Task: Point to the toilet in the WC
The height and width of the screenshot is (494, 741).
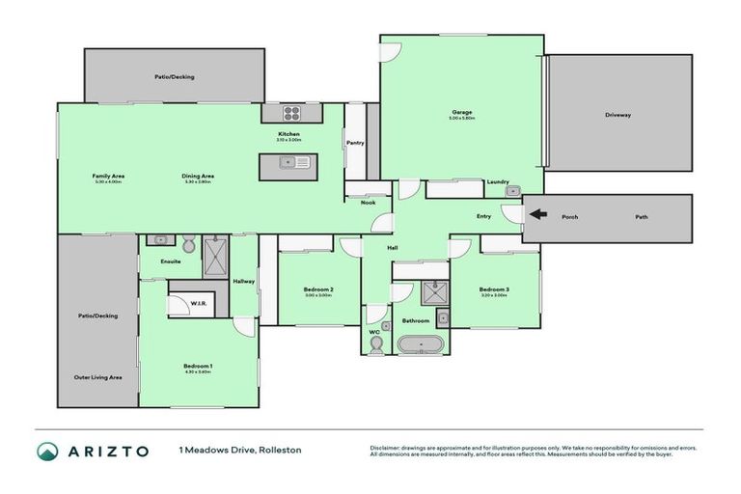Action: click(x=375, y=343)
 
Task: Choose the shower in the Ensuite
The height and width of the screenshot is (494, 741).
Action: click(x=214, y=256)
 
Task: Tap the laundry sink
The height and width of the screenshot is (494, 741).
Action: click(x=513, y=190)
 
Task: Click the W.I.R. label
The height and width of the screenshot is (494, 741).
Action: click(x=199, y=304)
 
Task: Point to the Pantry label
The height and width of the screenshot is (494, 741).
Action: click(x=354, y=144)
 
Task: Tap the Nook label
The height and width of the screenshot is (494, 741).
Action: click(x=368, y=203)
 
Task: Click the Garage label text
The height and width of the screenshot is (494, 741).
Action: click(x=461, y=112)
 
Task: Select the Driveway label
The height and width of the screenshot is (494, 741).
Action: click(x=617, y=114)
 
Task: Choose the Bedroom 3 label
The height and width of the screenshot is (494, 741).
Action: click(x=494, y=289)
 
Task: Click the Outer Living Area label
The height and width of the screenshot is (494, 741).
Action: click(x=97, y=377)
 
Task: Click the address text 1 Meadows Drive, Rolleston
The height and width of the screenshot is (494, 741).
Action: click(x=239, y=450)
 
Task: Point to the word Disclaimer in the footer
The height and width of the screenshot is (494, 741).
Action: click(x=385, y=447)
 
